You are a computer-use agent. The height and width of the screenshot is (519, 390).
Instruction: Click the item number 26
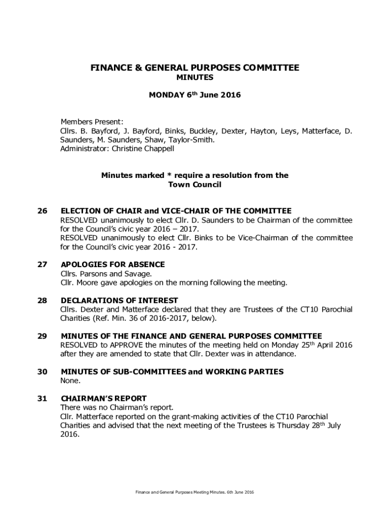(x=42, y=210)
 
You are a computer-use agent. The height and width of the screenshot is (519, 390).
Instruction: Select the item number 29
(x=42, y=336)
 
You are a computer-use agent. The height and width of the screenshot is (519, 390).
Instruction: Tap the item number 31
(x=42, y=398)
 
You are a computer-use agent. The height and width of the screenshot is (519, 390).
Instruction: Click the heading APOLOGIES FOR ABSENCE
(x=112, y=264)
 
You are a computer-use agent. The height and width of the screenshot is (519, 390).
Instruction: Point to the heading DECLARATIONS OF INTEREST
(x=119, y=300)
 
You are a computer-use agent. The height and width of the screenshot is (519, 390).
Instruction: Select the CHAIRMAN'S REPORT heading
(x=103, y=398)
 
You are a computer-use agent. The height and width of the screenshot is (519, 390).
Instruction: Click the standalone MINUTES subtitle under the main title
(x=194, y=78)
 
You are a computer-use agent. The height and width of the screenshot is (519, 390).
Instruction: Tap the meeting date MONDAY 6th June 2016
(x=194, y=95)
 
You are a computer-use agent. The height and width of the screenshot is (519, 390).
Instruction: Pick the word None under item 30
(x=70, y=381)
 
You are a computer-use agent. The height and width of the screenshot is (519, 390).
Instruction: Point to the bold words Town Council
(x=194, y=184)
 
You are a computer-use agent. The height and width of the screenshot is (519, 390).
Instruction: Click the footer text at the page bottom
(x=194, y=493)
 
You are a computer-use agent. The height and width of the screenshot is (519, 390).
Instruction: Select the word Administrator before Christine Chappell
(x=82, y=149)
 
